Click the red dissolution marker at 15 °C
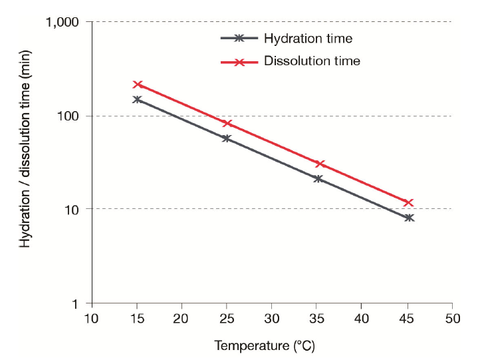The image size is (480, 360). pyautogui.click(x=138, y=85)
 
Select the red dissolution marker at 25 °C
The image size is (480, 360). pyautogui.click(x=227, y=123)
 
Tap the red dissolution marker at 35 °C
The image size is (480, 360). pyautogui.click(x=320, y=164)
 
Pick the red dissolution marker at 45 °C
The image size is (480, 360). pyautogui.click(x=409, y=202)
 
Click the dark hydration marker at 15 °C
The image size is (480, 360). pyautogui.click(x=137, y=99)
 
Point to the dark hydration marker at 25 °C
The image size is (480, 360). pyautogui.click(x=227, y=138)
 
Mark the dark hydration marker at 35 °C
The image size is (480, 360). pyautogui.click(x=318, y=178)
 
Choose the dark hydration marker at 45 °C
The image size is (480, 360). pyautogui.click(x=409, y=218)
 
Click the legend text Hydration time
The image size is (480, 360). pyautogui.click(x=308, y=39)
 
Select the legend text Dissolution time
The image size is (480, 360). pyautogui.click(x=312, y=61)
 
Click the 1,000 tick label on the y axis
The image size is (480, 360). pyautogui.click(x=62, y=23)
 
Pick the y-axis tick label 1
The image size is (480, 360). pyautogui.click(x=76, y=304)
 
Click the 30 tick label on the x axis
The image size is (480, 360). pyautogui.click(x=272, y=319)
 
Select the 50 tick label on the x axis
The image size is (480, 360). pyautogui.click(x=452, y=319)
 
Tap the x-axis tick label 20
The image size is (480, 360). pyautogui.click(x=181, y=319)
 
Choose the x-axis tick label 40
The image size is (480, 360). pyautogui.click(x=362, y=319)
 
